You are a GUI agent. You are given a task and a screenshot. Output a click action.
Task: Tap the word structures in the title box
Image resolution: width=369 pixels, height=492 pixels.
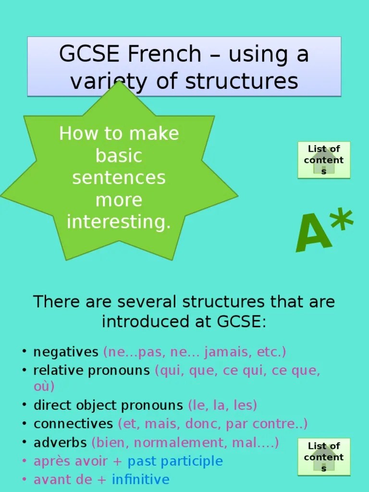pos(241,82)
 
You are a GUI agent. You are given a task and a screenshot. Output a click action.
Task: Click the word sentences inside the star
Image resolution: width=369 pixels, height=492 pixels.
pos(119,178)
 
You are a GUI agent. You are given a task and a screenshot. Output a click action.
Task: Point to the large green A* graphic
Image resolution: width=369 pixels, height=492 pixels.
pos(324,231)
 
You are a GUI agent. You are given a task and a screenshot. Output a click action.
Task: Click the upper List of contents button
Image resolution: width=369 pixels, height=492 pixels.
pos(324,160)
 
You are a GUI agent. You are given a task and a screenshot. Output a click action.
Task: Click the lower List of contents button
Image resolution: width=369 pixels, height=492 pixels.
pos(324,457)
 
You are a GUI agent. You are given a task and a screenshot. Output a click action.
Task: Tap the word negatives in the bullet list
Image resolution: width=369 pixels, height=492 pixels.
pos(66,352)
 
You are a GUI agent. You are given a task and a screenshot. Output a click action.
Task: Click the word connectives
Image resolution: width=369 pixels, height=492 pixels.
pos(73,424)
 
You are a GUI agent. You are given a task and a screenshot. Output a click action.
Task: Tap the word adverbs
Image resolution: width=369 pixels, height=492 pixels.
pos(60,443)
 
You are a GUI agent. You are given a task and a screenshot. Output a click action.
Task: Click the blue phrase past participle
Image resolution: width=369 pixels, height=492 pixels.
pos(175,461)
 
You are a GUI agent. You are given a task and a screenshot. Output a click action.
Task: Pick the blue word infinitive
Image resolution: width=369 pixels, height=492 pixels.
pos(140,480)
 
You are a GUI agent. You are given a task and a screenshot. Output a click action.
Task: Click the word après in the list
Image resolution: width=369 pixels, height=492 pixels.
pos(50,461)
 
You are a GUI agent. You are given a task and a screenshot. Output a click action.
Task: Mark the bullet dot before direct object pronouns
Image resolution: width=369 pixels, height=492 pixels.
pos(24,405)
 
